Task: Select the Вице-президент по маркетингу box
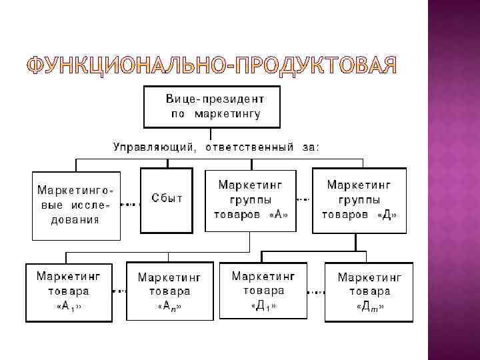[x=212, y=107]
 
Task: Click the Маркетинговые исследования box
[x=76, y=205]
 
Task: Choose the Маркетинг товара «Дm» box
[x=369, y=292]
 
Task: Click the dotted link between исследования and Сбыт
[x=131, y=204]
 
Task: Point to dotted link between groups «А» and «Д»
[x=304, y=199]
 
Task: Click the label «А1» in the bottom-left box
[x=73, y=306]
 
